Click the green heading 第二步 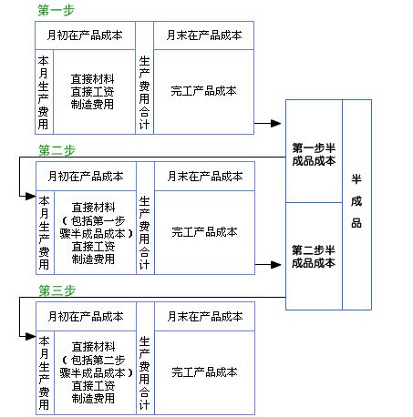click(x=56, y=149)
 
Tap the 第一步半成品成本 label click(x=314, y=154)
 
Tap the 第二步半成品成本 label click(x=314, y=256)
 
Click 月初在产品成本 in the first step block click(x=86, y=36)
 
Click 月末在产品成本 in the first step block click(x=204, y=36)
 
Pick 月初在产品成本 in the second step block click(x=86, y=176)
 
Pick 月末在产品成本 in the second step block click(x=204, y=176)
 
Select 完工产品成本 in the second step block click(x=204, y=231)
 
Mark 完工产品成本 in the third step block click(x=204, y=372)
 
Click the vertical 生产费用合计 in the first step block click(x=144, y=90)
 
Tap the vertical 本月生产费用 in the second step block click(x=44, y=231)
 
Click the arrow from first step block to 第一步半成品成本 click(x=269, y=123)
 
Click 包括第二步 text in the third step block click(x=93, y=360)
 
